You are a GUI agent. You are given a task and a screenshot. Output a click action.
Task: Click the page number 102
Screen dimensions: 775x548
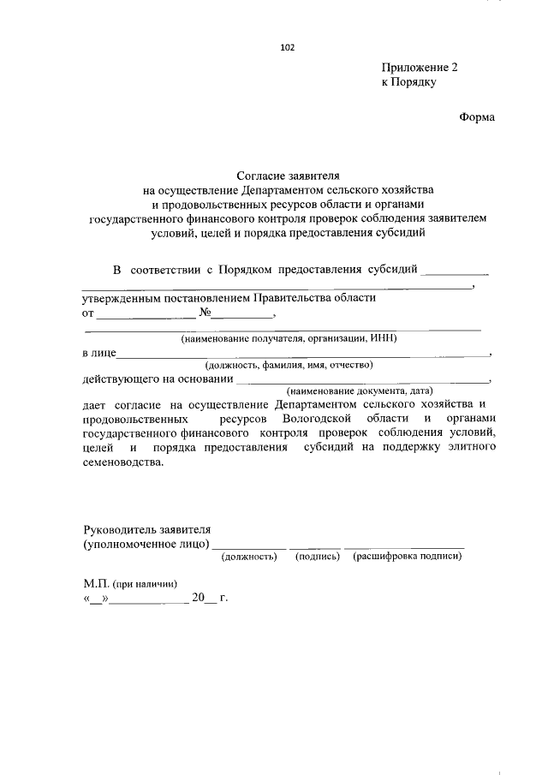pyautogui.click(x=287, y=48)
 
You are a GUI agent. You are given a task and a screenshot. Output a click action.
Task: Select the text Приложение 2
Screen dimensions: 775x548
pyautogui.click(x=420, y=69)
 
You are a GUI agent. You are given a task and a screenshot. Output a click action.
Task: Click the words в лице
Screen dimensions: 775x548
pyautogui.click(x=98, y=352)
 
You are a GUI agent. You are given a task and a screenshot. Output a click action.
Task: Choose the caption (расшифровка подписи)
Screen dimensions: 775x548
pyautogui.click(x=407, y=557)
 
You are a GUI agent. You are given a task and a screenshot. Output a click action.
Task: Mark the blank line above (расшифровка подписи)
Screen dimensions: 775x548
pyautogui.click(x=405, y=546)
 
